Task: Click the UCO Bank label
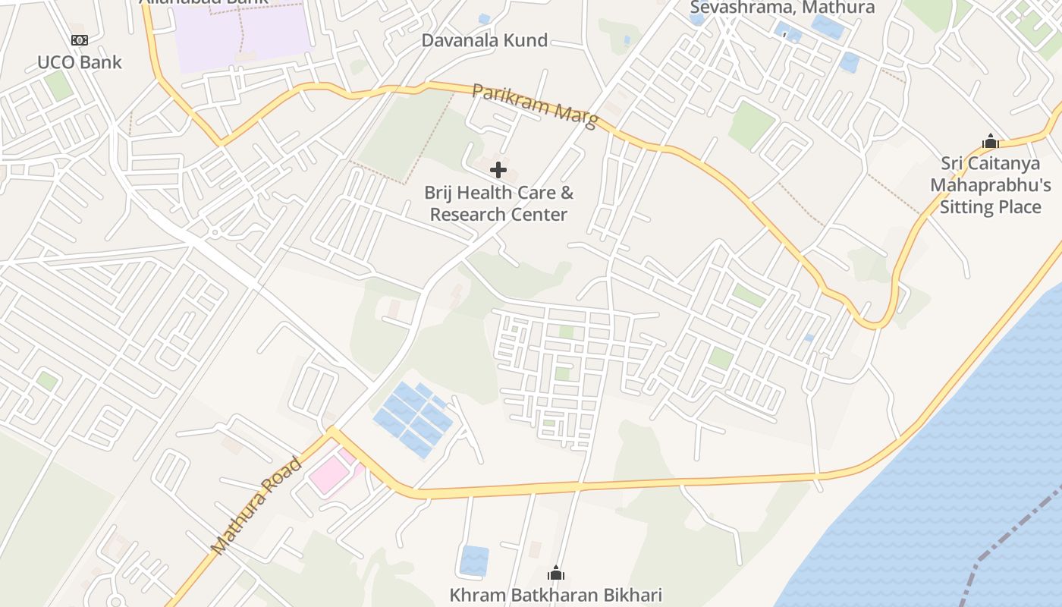click(x=79, y=62)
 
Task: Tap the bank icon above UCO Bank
click(x=79, y=40)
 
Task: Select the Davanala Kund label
click(x=484, y=40)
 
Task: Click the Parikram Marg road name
click(x=535, y=105)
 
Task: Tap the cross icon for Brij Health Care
click(x=498, y=170)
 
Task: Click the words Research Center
click(x=498, y=215)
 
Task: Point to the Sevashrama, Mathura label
click(x=782, y=8)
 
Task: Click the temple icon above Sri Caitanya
click(x=990, y=141)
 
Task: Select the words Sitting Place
click(x=990, y=206)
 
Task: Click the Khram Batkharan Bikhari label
click(x=555, y=595)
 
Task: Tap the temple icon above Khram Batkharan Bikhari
click(x=556, y=573)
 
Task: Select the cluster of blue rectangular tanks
click(x=413, y=418)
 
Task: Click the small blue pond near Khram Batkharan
click(x=474, y=560)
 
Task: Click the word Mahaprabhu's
click(x=990, y=185)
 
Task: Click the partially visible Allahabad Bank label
click(x=203, y=2)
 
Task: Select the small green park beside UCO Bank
click(x=58, y=85)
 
